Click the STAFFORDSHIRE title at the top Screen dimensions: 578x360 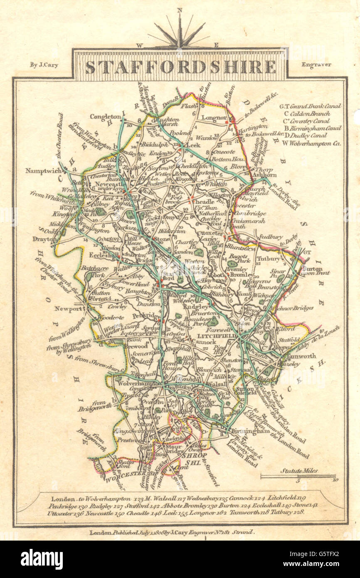(x=180, y=67)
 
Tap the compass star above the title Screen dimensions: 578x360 (x=180, y=32)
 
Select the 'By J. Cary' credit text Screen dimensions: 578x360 (x=44, y=64)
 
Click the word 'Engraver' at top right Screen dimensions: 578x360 (x=316, y=64)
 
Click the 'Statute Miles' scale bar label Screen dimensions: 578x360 (x=299, y=471)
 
